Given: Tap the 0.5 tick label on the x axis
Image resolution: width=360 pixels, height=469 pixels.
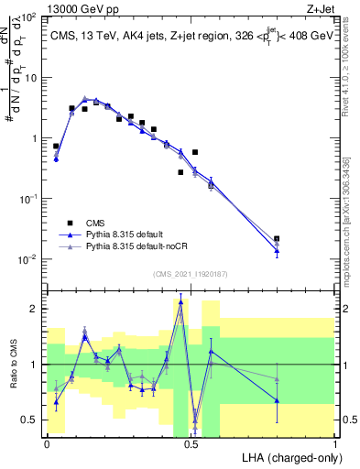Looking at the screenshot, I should click(x=191, y=442).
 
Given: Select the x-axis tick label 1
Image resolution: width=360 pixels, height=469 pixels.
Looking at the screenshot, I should click(x=335, y=442).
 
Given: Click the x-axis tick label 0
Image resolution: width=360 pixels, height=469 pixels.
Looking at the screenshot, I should click(x=48, y=442).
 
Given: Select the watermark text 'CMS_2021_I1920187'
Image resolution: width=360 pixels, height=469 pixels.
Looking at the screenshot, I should click(x=191, y=273).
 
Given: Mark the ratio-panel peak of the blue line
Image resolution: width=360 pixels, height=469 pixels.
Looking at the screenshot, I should click(x=180, y=301).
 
